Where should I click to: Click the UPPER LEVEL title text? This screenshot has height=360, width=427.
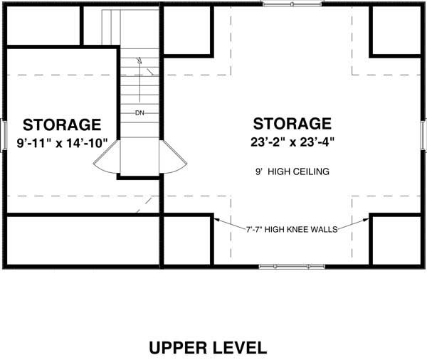(x=208, y=347)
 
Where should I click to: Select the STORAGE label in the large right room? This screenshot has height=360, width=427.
(x=292, y=124)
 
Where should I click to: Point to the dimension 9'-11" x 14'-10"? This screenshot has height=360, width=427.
(x=62, y=143)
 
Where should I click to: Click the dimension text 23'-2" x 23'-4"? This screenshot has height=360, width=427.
(x=292, y=142)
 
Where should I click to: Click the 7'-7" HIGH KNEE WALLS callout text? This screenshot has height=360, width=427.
(x=292, y=230)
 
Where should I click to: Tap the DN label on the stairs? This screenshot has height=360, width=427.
(x=140, y=112)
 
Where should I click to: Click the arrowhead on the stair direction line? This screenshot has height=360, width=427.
(x=140, y=60)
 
